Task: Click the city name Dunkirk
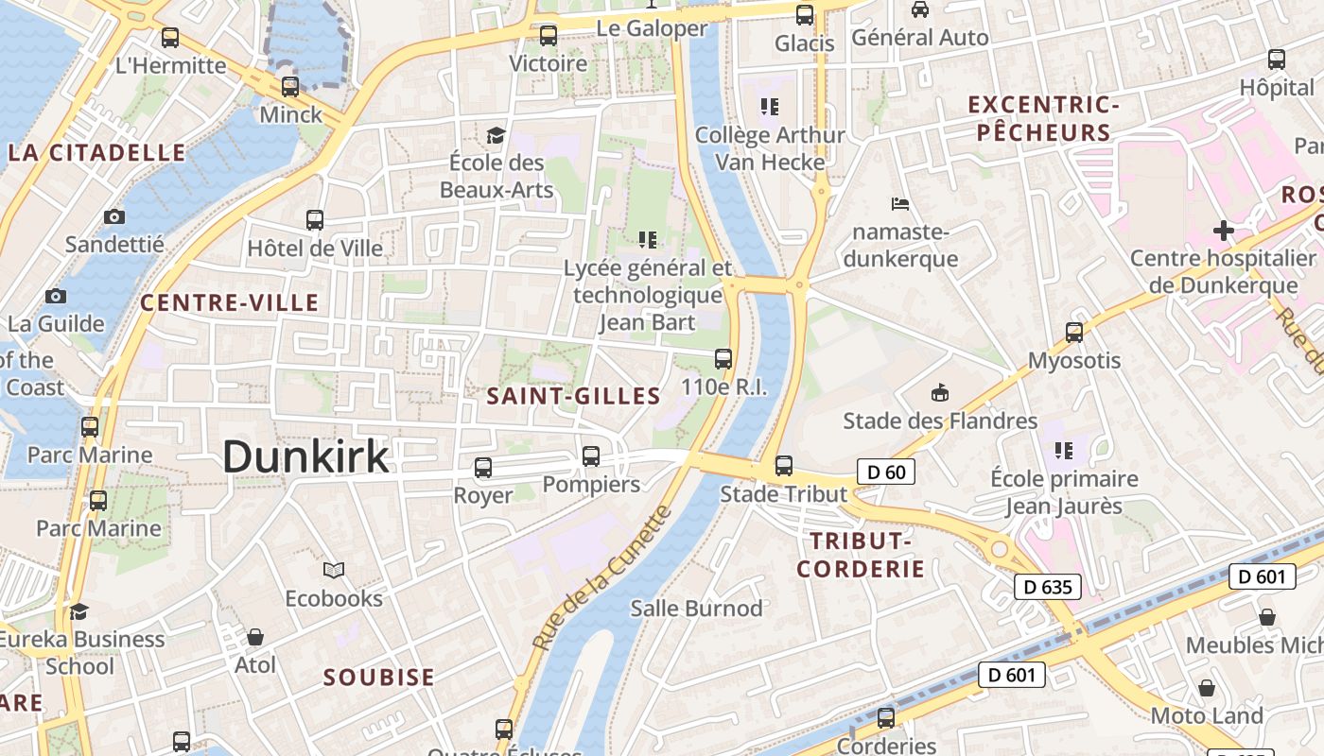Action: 305,457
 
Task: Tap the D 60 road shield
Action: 886,471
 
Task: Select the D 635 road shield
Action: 1049,587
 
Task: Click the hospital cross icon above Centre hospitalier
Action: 1224,230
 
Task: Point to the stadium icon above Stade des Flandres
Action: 939,392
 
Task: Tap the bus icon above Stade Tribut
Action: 783,465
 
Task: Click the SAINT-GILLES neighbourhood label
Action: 573,396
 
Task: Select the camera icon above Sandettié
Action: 114,216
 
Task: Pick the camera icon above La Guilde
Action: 56,296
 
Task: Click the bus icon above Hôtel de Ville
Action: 315,220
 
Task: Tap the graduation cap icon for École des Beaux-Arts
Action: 496,135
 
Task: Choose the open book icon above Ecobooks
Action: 334,570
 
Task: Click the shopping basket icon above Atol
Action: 255,637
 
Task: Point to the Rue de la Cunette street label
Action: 601,577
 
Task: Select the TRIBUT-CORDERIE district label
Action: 860,555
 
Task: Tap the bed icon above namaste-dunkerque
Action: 900,203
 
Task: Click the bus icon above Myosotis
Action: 1074,332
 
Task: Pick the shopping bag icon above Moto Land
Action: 1206,687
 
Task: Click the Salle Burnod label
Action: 696,608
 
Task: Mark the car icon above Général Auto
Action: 919,9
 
